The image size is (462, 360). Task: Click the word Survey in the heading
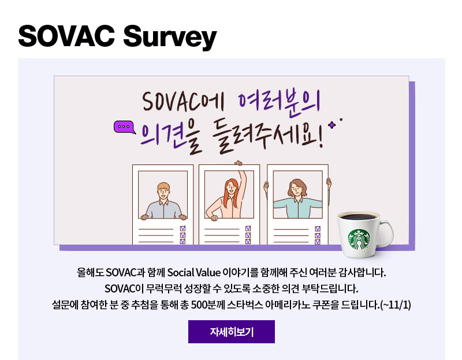170,37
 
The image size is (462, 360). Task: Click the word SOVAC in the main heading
66,36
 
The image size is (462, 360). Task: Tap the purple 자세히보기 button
232,332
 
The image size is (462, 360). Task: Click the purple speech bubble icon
124,127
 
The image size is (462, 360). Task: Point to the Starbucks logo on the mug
359,239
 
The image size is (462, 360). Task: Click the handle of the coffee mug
388,232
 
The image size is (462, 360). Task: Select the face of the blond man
163,192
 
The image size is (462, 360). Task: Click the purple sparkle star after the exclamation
331,125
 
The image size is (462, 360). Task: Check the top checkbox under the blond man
182,228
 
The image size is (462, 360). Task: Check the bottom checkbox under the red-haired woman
248,241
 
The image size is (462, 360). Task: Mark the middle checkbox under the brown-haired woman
318,235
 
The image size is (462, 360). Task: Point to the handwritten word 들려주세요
268,136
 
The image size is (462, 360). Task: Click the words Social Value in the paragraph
194,272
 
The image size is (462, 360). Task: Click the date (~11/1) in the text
396,305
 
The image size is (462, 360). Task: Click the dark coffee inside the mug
357,217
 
